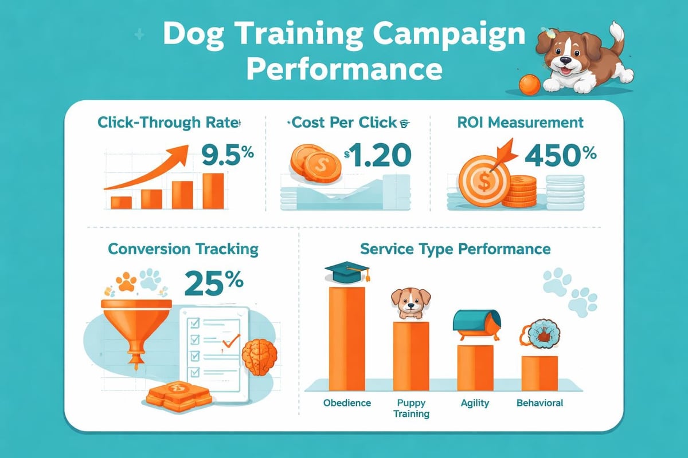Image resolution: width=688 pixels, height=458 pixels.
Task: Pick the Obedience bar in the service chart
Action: click(347, 338)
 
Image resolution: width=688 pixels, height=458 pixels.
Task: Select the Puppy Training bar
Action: click(411, 356)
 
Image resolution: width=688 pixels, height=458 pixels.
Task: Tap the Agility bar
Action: click(475, 367)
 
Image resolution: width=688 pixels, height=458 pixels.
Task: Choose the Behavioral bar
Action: click(539, 373)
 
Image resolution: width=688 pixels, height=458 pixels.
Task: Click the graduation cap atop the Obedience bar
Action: click(347, 271)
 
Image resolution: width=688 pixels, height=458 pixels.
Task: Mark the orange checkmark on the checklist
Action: click(230, 342)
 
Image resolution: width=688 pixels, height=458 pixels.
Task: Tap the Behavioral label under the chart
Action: click(540, 403)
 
